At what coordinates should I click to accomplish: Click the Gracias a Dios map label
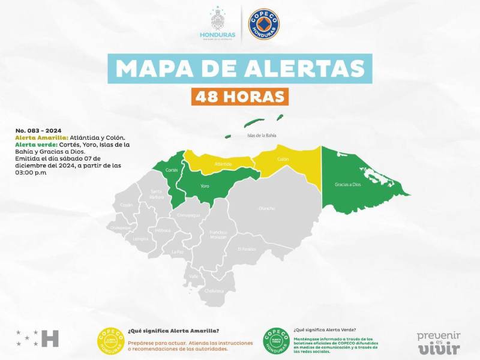[x=348, y=184]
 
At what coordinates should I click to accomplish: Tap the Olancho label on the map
[x=266, y=208]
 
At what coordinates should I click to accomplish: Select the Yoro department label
[x=205, y=186]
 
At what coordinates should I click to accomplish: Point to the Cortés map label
[x=171, y=170]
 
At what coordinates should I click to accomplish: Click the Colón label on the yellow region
[x=283, y=160]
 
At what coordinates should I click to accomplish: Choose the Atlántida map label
[x=223, y=163]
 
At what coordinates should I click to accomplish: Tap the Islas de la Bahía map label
[x=262, y=136]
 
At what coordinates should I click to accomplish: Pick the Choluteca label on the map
[x=214, y=291]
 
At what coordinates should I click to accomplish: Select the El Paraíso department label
[x=247, y=249]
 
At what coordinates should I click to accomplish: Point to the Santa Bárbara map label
[x=157, y=194]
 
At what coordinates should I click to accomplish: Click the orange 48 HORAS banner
[x=239, y=96]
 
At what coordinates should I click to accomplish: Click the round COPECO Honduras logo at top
[x=263, y=25]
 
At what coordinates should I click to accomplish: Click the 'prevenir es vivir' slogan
[x=438, y=342]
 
